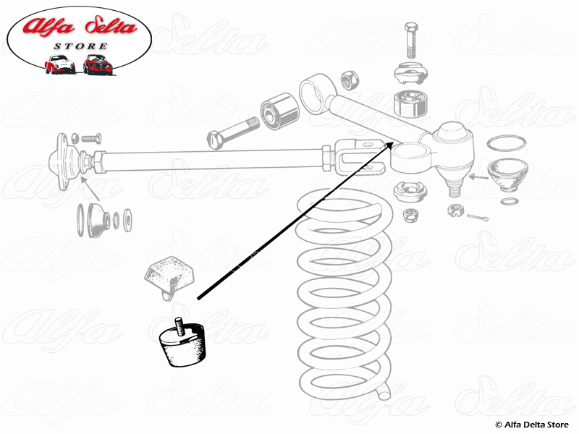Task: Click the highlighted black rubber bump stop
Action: point(181,346)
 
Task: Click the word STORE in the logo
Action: point(80,47)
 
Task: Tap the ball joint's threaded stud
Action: point(455,188)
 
